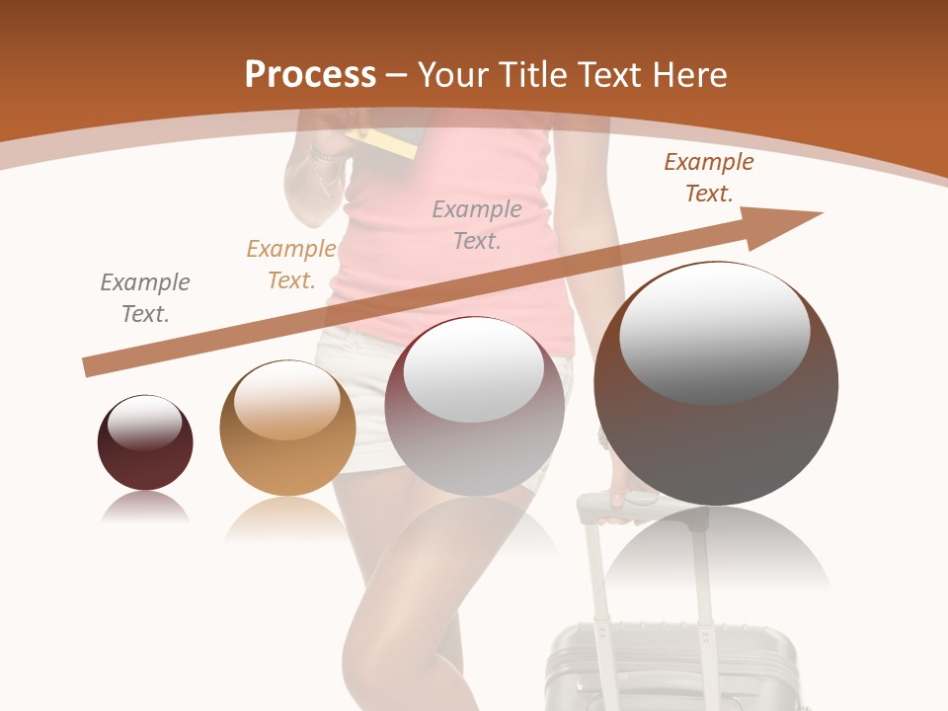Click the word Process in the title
point(310,74)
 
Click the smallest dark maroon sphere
point(145,443)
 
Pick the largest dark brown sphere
point(716,385)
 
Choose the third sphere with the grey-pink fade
point(474,406)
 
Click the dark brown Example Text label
point(709,178)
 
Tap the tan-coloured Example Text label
point(291,265)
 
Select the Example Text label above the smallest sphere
point(145,298)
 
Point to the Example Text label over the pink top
point(477,224)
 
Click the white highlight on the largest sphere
point(715,331)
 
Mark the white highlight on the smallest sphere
point(145,423)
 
